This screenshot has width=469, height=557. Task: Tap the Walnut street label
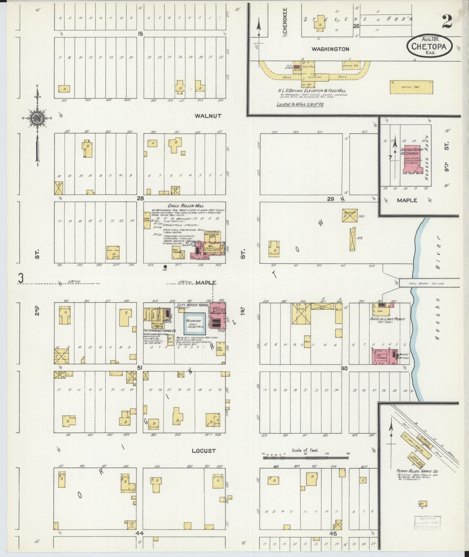[x=208, y=116]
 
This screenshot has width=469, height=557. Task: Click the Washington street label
[x=330, y=49]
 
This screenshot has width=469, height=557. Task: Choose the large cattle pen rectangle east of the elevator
[x=411, y=87]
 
